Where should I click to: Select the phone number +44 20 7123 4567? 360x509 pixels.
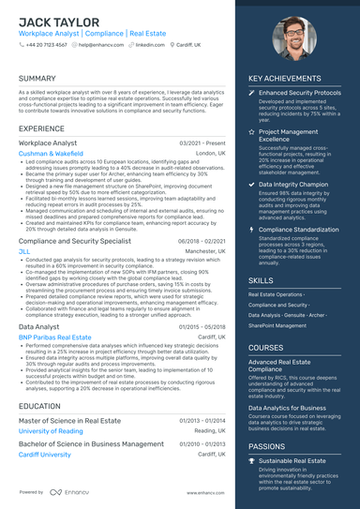pos(46,44)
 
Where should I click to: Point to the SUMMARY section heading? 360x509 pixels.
pos(37,78)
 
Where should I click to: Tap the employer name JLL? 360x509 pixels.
pos(24,252)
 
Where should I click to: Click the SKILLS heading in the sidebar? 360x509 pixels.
pos(262,279)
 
